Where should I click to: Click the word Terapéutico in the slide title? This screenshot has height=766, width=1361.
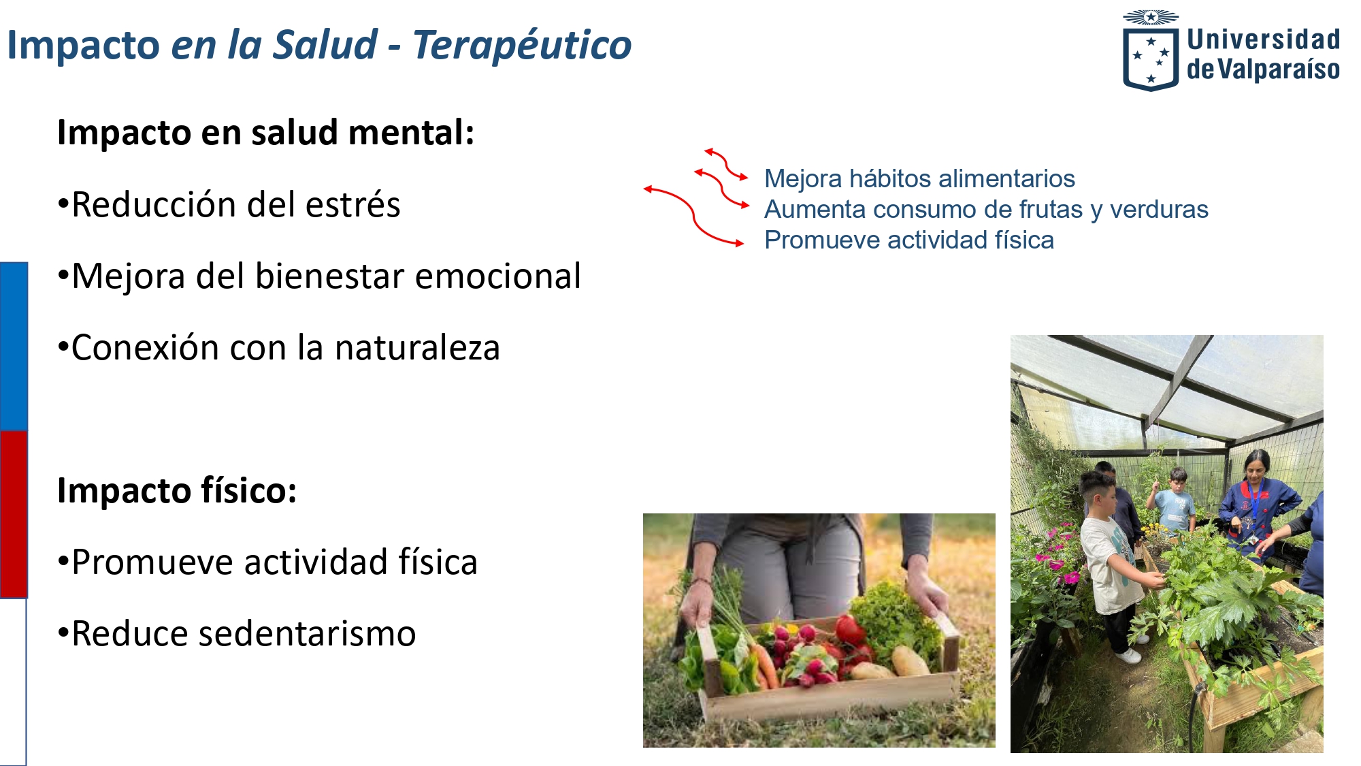point(522,45)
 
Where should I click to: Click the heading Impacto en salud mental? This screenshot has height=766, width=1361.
point(265,132)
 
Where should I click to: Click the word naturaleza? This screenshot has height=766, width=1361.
point(417,347)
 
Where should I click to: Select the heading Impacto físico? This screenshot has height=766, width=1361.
point(177,491)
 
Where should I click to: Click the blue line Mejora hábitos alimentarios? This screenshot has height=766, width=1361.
point(919,178)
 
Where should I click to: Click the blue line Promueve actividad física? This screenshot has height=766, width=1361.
point(908,240)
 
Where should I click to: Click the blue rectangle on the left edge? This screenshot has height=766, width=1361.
point(14,346)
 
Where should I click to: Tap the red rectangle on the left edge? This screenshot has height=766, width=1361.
point(14,514)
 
